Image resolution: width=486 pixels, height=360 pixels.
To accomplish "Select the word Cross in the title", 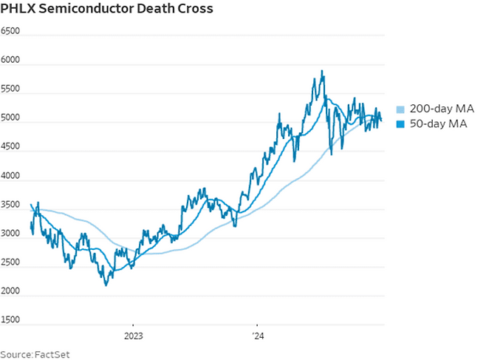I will tap(194, 10).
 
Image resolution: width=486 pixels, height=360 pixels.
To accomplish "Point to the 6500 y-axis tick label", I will tap(10, 33).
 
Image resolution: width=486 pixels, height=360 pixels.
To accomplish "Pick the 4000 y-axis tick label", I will tap(10, 179).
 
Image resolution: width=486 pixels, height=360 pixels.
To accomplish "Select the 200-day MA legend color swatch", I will tap(401, 109).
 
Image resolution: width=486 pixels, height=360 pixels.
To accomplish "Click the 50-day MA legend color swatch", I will tap(401, 124).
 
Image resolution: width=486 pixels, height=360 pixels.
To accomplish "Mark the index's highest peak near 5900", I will tap(322, 71).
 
